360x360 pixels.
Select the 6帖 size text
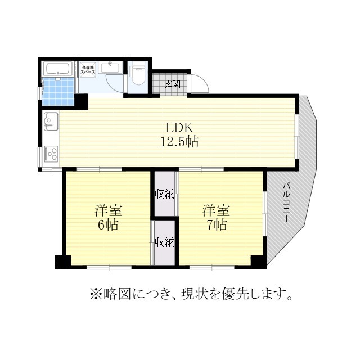109,226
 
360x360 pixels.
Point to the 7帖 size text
217,226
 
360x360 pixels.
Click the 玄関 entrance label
173,84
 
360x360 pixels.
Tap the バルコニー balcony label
286,203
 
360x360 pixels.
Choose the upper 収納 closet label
165,195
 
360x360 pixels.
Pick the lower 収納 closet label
165,243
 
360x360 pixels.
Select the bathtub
57,69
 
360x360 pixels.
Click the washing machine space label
87,70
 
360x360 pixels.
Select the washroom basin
110,69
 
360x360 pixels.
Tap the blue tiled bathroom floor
58,91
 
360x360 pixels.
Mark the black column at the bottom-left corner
62,262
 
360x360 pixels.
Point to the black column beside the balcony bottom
258,262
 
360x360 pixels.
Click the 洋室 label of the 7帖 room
217,211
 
